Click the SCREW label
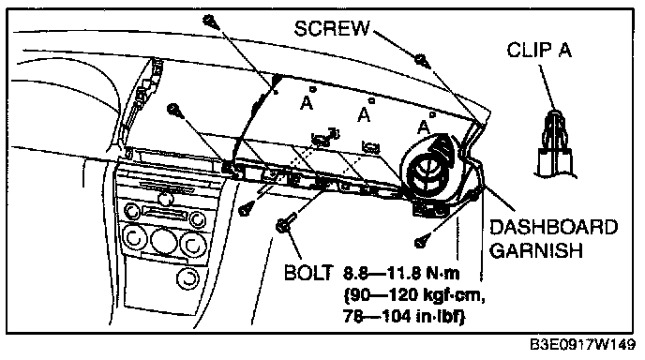pyautogui.click(x=332, y=28)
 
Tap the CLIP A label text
pyautogui.click(x=539, y=51)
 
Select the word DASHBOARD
pyautogui.click(x=553, y=228)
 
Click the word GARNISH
pyautogui.click(x=536, y=249)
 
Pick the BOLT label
pyautogui.click(x=308, y=273)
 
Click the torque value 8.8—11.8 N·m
pyautogui.click(x=401, y=273)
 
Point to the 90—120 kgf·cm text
pyautogui.click(x=413, y=295)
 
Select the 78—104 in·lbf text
pyautogui.click(x=404, y=316)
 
